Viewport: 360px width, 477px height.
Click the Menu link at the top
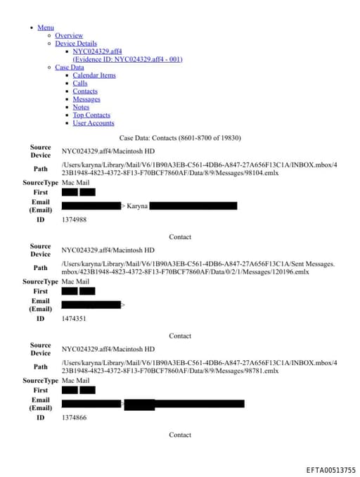tap(46, 27)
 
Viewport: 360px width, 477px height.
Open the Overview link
tap(69, 35)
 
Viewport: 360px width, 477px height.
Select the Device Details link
tap(76, 44)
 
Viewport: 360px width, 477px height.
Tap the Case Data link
tap(69, 68)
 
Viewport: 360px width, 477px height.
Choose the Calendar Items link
tap(94, 75)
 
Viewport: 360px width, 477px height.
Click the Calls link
tap(80, 83)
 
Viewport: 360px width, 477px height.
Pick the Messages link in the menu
tap(86, 99)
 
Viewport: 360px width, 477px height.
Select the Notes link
tap(81, 107)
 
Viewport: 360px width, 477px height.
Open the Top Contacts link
tap(91, 115)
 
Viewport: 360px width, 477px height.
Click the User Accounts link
tap(94, 123)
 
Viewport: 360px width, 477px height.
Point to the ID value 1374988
tap(74, 220)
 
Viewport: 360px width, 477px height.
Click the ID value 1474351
tap(74, 319)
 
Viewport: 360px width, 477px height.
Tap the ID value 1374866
tap(74, 418)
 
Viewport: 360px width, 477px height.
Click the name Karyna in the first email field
tap(136, 206)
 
